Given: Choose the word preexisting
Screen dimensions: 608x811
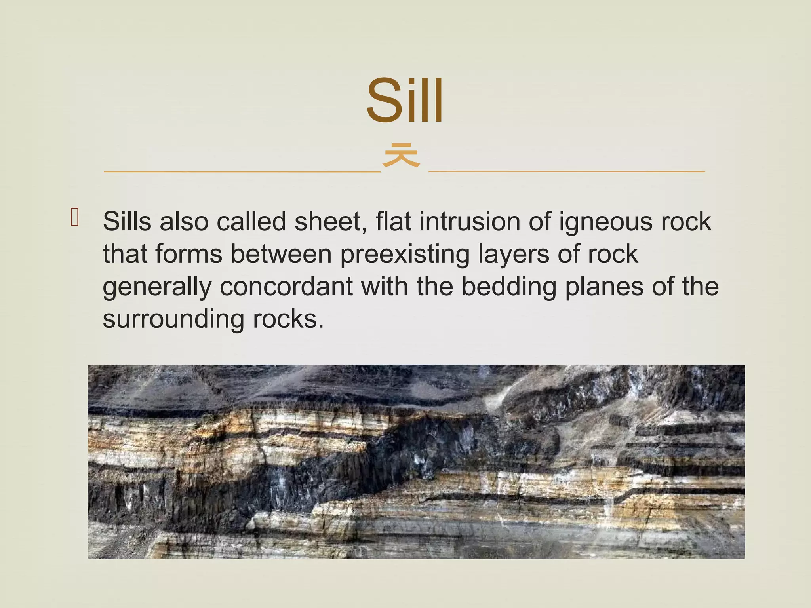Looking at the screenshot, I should pos(404,255).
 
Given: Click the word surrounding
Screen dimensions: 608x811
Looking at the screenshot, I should pos(173,320).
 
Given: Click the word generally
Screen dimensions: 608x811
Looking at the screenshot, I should pos(157,287).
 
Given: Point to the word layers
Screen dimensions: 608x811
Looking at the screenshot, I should pos(514,255).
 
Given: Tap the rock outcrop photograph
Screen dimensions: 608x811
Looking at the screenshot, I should pos(416,462).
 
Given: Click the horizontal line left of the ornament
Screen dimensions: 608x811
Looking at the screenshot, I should pos(242,171).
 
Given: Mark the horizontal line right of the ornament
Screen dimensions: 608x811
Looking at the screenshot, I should pos(567,171).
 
